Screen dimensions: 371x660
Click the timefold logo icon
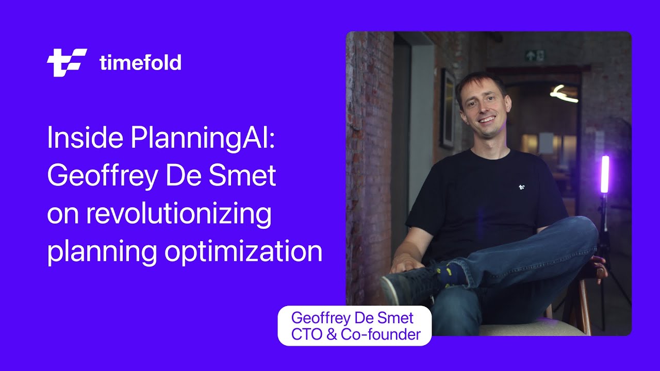point(67,63)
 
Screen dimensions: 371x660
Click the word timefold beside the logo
point(140,63)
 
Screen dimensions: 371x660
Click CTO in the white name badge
point(306,335)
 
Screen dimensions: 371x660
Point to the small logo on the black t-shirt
point(522,187)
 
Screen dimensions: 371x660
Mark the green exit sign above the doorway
point(534,56)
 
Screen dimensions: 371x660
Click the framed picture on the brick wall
point(447,108)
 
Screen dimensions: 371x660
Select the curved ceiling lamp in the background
point(563,94)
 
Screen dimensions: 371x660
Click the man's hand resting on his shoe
point(405,264)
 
